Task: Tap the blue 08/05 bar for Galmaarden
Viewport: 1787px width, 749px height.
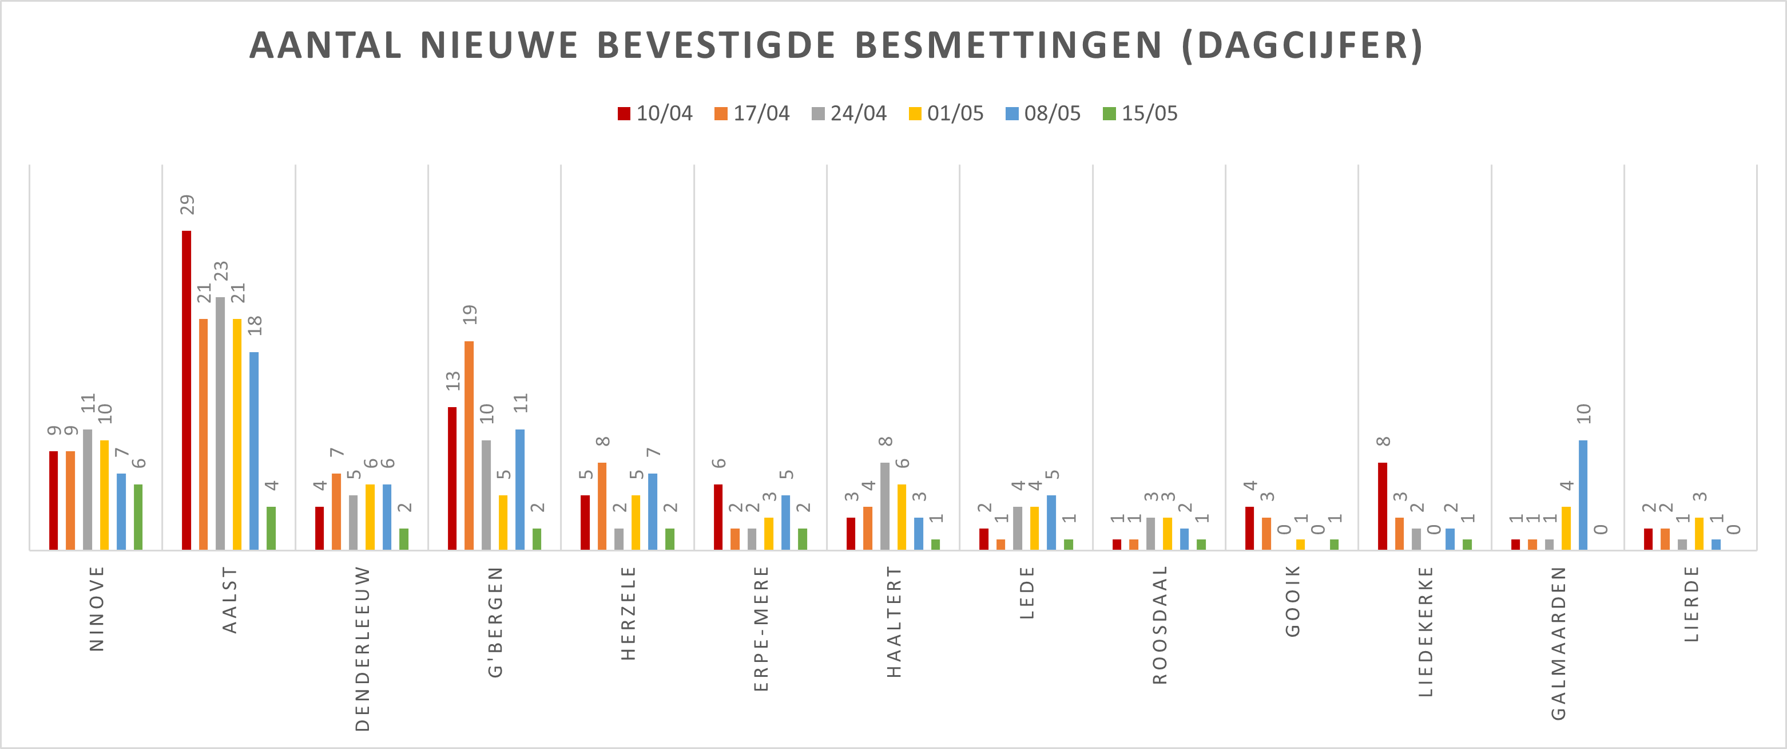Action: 1583,495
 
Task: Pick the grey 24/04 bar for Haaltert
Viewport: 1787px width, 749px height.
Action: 884,506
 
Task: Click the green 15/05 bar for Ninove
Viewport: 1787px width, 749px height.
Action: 138,517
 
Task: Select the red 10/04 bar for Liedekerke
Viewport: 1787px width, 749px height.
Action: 1383,506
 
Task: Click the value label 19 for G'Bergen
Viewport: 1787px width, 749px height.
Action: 470,315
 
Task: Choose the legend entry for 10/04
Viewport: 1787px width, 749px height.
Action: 655,113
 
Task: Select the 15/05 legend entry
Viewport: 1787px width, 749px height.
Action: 1140,113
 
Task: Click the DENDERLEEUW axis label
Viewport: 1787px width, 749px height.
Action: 362,649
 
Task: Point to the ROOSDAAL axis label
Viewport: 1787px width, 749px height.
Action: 1160,625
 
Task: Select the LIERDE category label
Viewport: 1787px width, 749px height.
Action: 1692,604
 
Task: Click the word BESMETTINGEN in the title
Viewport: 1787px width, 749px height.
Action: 1008,46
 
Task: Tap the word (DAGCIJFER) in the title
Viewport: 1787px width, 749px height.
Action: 1302,46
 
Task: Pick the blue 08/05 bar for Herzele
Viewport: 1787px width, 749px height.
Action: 653,511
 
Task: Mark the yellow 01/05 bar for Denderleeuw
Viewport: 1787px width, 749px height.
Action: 370,517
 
